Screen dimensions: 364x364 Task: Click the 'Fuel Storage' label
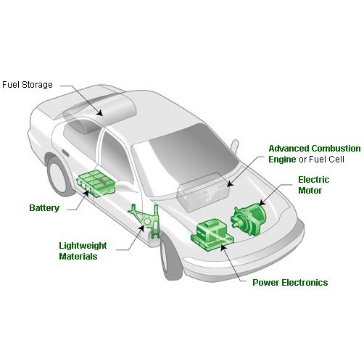click(28, 85)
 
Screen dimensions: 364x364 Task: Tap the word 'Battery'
click(44, 208)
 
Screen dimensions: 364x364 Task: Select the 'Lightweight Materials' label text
click(83, 251)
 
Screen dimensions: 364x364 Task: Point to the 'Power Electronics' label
click(290, 283)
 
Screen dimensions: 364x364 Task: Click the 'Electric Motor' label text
click(313, 185)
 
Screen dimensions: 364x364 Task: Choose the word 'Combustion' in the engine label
click(336, 149)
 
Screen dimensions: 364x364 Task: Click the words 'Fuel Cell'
click(326, 160)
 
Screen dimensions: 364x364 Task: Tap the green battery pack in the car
click(96, 183)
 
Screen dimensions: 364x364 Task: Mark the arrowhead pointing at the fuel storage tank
click(99, 112)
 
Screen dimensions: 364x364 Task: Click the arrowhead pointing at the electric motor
click(262, 202)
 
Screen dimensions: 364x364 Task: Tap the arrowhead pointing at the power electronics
click(223, 247)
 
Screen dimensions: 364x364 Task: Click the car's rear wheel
click(59, 176)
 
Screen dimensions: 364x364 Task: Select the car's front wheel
click(170, 257)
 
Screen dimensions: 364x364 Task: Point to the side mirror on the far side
click(235, 146)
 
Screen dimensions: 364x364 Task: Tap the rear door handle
click(65, 153)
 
